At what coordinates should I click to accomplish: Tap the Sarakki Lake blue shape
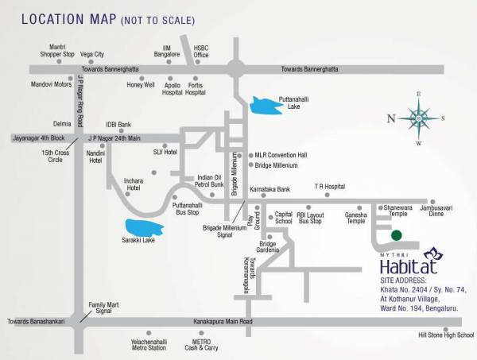point(146,227)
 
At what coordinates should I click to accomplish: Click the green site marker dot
point(396,235)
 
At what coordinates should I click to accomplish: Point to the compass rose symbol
point(418,118)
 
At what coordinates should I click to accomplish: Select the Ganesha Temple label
point(356,218)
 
